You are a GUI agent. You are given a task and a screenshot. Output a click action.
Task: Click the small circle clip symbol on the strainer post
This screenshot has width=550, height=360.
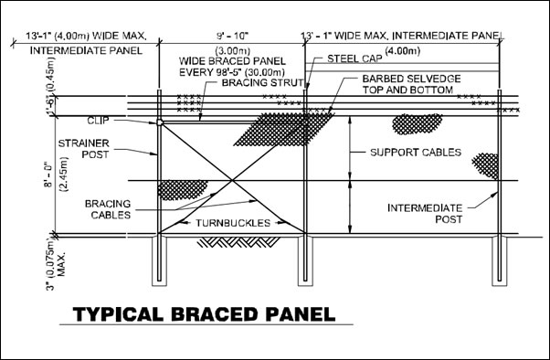[x=160, y=121]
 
